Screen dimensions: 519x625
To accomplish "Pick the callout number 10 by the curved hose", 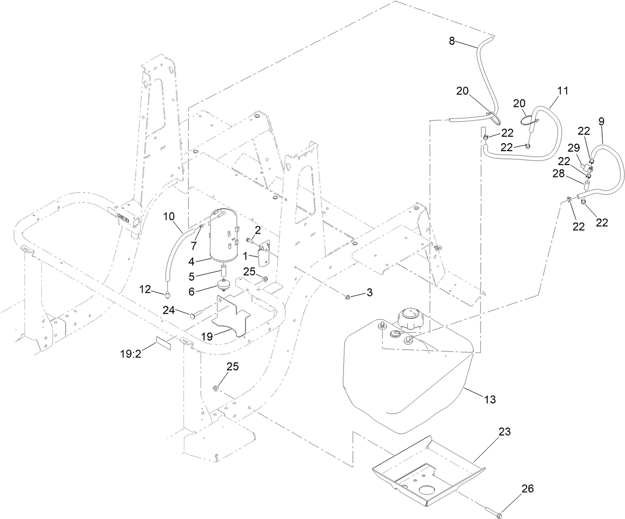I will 169,216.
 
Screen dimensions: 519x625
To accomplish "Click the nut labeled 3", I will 348,297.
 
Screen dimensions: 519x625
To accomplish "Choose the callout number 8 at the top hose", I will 452,41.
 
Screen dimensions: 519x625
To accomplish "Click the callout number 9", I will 601,121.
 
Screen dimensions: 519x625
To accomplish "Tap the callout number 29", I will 574,148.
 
